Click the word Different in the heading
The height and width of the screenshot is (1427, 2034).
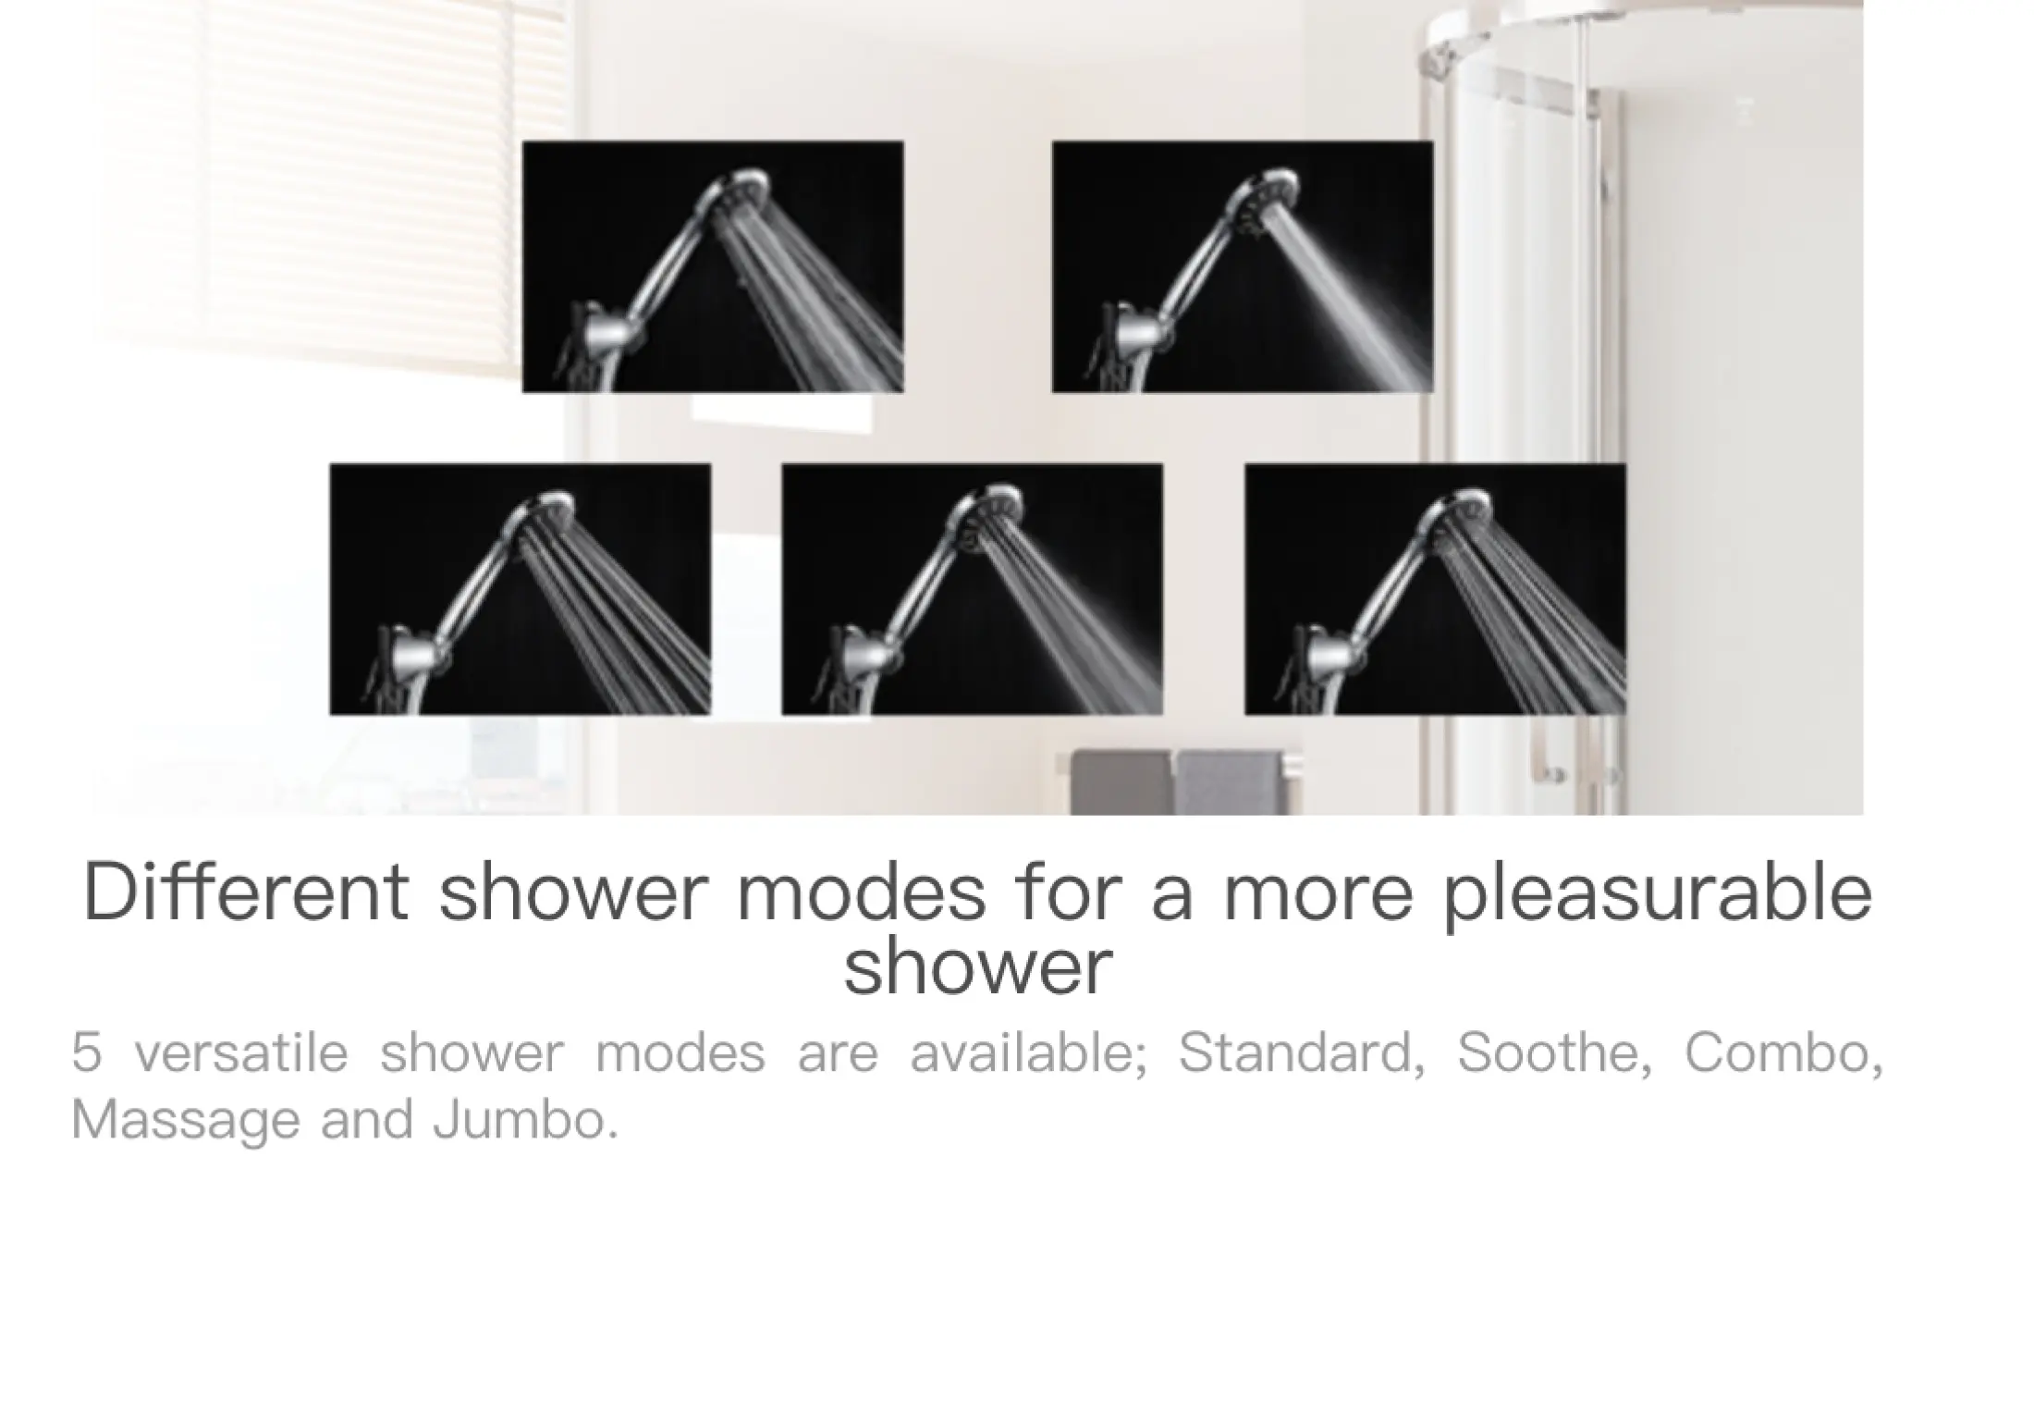246,892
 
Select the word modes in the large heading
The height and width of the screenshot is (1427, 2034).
862,892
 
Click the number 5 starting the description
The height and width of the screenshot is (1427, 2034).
86,1052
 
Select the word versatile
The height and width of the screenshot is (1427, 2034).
241,1052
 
